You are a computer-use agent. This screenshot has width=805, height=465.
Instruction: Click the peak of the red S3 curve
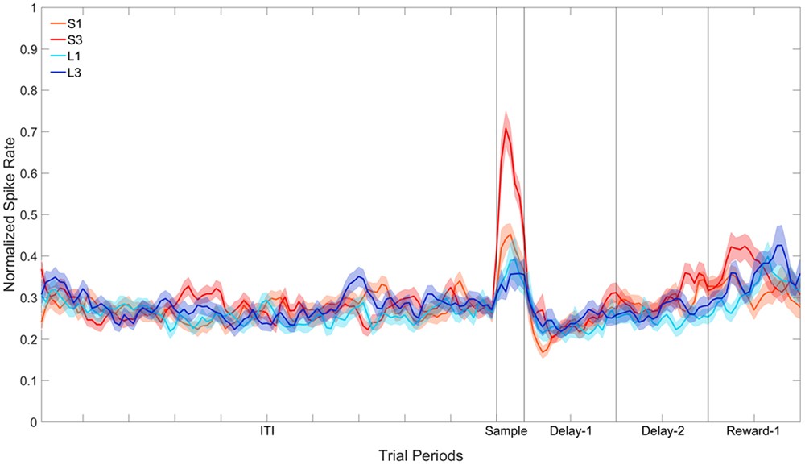tap(506, 128)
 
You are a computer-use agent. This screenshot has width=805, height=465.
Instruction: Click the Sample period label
tap(506, 432)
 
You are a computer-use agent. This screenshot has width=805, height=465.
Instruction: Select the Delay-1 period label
tap(571, 432)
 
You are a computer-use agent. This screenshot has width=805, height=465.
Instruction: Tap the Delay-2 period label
tap(663, 432)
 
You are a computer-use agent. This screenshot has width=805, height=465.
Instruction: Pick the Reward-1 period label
tap(753, 432)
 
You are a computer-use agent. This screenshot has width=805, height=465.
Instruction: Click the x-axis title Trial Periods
tap(421, 455)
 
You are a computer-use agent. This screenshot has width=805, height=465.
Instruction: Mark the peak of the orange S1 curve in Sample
tap(509, 235)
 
